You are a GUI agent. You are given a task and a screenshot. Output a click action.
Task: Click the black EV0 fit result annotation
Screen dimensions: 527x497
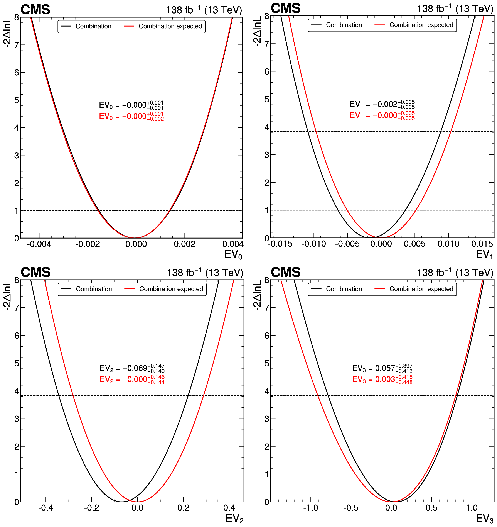(131, 105)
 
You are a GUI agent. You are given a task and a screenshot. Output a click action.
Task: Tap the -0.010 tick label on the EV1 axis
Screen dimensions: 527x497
(313, 244)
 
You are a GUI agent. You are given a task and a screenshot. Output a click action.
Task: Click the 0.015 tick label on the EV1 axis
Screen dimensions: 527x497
(482, 244)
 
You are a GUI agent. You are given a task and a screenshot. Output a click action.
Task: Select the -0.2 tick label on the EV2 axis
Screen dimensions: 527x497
(91, 508)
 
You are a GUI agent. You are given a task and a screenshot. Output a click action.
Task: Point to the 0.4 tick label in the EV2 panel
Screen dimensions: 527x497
(229, 508)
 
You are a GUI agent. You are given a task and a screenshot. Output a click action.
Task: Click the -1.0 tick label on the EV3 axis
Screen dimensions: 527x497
(310, 508)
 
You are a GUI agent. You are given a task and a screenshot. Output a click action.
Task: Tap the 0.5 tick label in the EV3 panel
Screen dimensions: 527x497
(431, 508)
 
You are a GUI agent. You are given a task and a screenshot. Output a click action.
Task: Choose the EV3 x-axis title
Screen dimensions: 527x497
(484, 518)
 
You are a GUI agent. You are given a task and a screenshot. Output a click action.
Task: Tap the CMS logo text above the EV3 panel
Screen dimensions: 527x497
(286, 272)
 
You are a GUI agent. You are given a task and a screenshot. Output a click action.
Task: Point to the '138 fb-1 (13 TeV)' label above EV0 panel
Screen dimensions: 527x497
(204, 10)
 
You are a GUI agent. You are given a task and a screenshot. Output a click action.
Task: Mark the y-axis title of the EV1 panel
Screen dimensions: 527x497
(257, 31)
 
